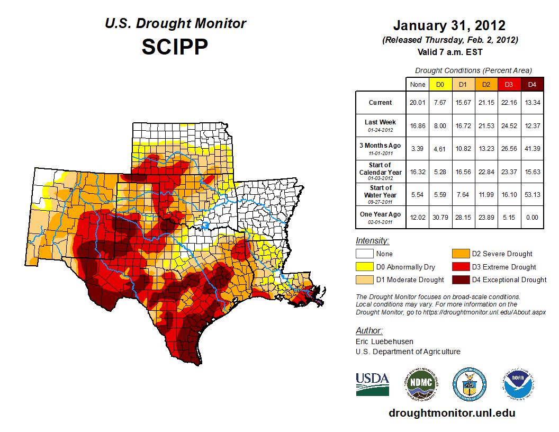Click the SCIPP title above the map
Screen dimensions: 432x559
pyautogui.click(x=175, y=47)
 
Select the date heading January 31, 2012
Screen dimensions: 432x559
pyautogui.click(x=449, y=25)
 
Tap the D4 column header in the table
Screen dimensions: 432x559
pyautogui.click(x=532, y=84)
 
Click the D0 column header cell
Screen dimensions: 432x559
pyautogui.click(x=440, y=84)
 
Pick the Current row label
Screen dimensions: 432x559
pyautogui.click(x=381, y=103)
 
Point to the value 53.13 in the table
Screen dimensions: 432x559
pyautogui.click(x=532, y=195)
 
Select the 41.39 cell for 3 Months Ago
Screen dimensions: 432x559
pyautogui.click(x=532, y=148)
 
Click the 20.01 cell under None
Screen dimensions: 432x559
pyautogui.click(x=417, y=103)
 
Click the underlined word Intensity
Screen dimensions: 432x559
pyautogui.click(x=372, y=241)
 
